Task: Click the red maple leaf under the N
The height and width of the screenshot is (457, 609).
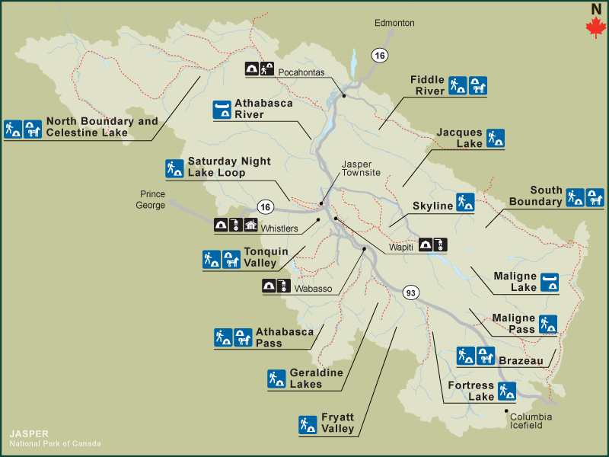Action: click(595, 27)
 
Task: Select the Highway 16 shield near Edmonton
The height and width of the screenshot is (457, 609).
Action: click(378, 54)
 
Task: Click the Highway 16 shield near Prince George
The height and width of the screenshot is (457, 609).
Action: click(265, 206)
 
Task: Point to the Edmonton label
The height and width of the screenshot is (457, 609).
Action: click(394, 23)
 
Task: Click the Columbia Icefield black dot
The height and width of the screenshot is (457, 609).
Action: click(506, 411)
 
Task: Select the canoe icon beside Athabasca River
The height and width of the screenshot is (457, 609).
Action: click(222, 109)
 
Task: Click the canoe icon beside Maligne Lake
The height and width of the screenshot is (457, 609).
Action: click(550, 283)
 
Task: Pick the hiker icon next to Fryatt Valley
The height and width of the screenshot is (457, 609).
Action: click(308, 424)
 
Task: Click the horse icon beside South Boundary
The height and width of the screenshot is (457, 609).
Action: click(595, 198)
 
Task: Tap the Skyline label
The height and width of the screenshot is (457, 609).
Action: click(432, 206)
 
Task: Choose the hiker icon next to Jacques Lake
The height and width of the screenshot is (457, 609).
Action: click(496, 138)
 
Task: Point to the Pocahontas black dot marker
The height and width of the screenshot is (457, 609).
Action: click(344, 95)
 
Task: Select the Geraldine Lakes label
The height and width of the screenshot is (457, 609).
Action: click(316, 379)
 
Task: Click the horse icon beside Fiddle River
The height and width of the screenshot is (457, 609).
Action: click(477, 85)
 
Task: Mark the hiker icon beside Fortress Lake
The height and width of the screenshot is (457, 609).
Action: click(507, 391)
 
